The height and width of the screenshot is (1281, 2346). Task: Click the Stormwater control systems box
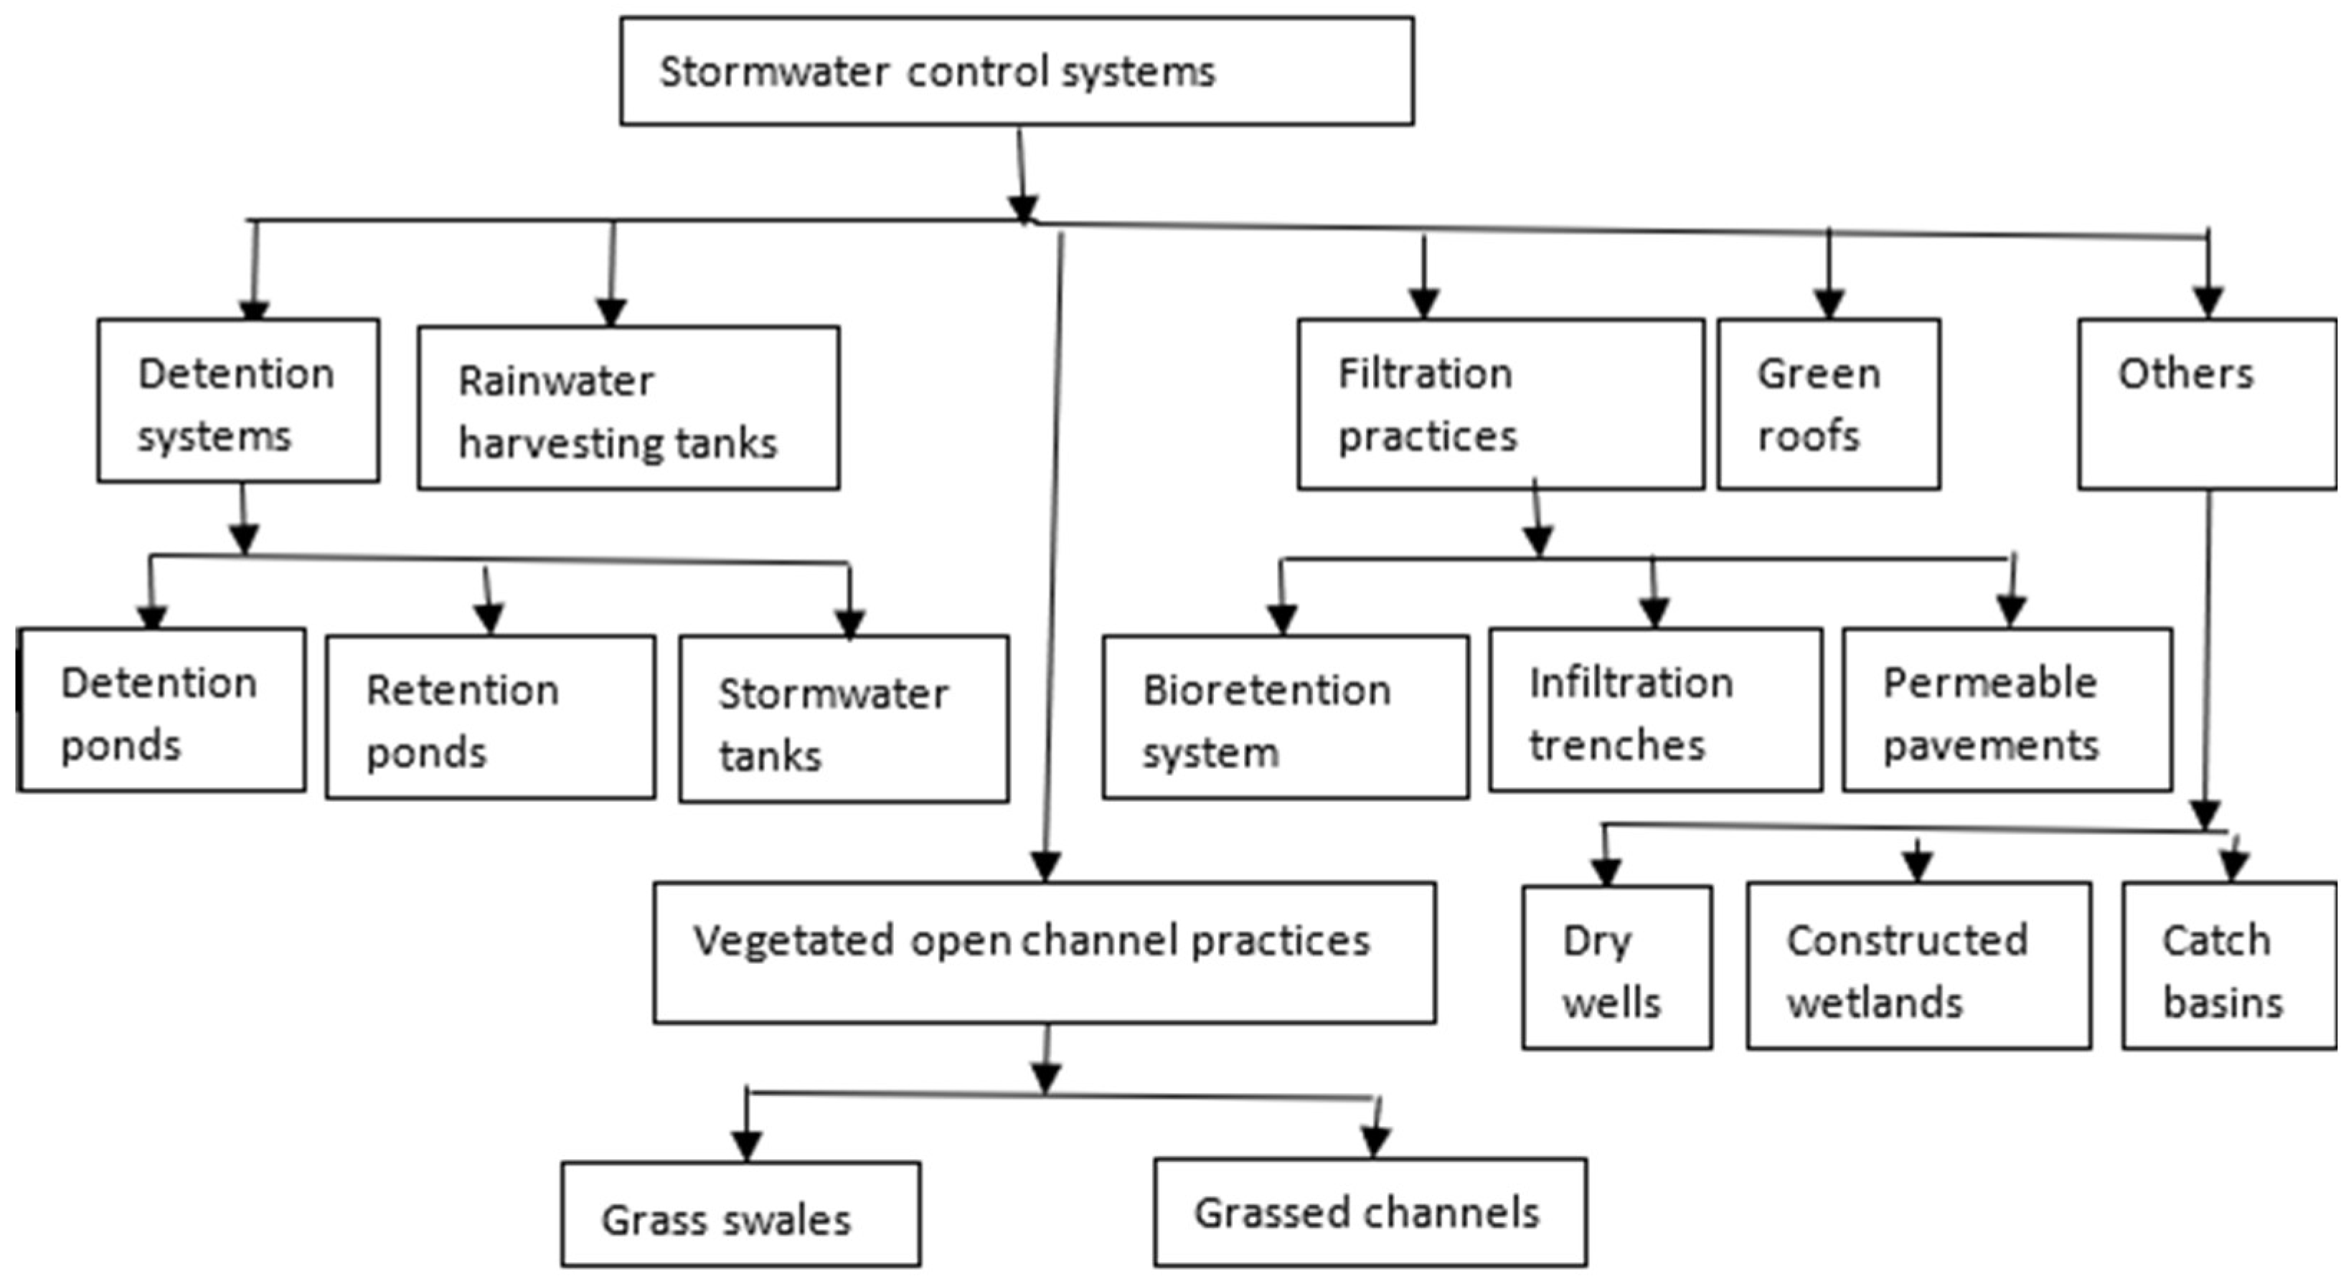1017,71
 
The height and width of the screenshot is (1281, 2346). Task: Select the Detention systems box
239,401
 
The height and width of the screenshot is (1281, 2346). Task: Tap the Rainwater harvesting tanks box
628,408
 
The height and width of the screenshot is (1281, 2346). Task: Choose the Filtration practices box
1501,405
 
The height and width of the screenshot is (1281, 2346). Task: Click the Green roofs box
1829,405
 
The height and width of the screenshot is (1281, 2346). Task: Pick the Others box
2208,405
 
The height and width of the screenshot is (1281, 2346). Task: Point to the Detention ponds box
161,709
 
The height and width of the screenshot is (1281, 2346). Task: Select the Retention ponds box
490,717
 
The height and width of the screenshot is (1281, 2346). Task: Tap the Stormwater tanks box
844,719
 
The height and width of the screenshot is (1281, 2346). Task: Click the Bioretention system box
1286,717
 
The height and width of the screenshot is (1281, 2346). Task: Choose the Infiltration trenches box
1656,709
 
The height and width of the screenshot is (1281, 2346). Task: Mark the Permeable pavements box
2007,709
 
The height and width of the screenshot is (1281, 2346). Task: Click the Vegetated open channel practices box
1045,953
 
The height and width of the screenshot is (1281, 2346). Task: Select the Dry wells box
1616,967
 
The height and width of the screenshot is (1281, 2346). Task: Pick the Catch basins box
2230,965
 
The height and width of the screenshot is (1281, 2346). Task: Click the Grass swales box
740,1214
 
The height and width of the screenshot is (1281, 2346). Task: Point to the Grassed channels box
1370,1212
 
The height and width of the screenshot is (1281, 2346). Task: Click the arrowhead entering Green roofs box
1829,304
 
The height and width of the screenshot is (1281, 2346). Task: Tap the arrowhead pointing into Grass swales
747,1146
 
